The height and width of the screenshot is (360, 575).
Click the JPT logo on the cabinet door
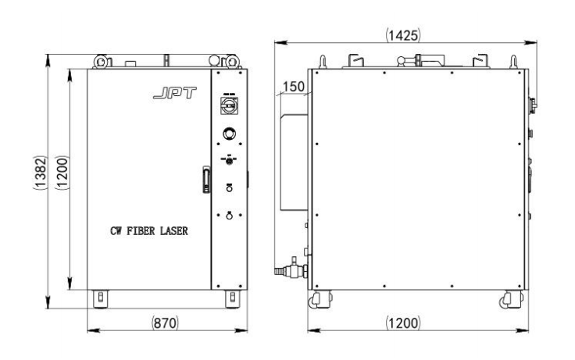175,93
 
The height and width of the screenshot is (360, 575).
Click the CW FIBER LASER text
149,231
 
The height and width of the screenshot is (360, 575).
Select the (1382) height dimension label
41,173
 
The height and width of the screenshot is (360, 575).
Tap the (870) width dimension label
165,323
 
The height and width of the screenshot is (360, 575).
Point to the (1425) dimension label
403,35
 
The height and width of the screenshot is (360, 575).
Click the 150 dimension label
294,87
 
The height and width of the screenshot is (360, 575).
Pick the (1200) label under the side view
403,323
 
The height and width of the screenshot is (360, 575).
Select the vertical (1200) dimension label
62,173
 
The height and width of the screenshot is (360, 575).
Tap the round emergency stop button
230,134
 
